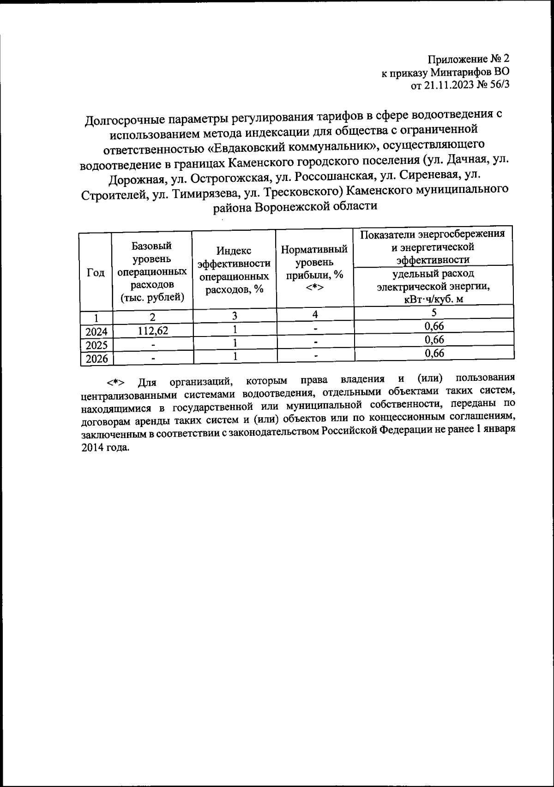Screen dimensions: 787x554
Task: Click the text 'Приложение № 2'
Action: (468, 60)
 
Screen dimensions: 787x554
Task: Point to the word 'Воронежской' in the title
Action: (295, 206)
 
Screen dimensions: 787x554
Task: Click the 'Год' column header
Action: (96, 272)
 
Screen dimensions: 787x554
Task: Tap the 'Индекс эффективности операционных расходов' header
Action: (234, 270)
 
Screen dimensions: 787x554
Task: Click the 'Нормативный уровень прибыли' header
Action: (314, 268)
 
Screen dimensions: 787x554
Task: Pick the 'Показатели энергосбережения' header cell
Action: (433, 247)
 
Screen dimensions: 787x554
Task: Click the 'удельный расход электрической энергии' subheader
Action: (433, 287)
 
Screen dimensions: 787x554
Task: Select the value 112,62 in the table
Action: (152, 330)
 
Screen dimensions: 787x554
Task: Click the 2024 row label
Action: (96, 331)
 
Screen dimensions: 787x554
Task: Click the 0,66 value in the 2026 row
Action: (434, 353)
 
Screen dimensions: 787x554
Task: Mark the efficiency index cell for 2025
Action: (235, 342)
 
